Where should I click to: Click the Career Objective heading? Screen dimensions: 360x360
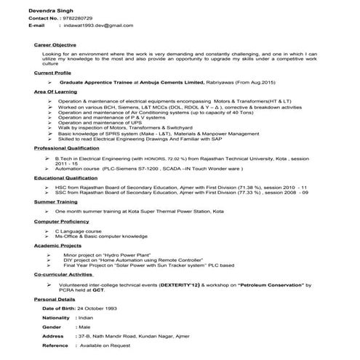55,44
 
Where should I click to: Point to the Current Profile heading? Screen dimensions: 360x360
52,73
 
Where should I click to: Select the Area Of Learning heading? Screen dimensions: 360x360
55,94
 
